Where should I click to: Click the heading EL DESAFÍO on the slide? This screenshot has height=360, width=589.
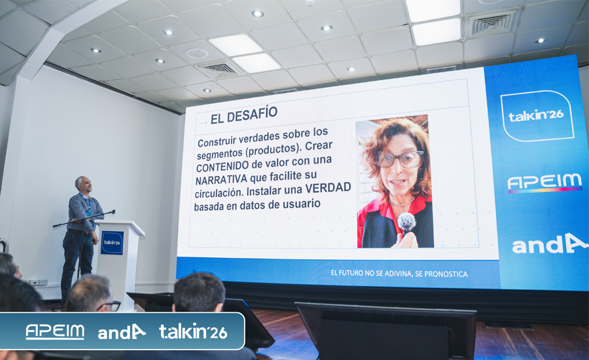pyautogui.click(x=244, y=115)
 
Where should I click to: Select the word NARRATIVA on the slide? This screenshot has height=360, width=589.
pyautogui.click(x=221, y=179)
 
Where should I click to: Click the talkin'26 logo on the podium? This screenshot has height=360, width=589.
pyautogui.click(x=112, y=242)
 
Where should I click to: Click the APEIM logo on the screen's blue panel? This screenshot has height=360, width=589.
pyautogui.click(x=544, y=183)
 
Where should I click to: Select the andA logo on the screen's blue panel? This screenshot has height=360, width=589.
pyautogui.click(x=550, y=244)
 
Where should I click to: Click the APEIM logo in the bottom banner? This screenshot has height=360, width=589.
pyautogui.click(x=55, y=332)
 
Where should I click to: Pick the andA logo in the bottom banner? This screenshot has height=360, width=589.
pyautogui.click(x=121, y=332)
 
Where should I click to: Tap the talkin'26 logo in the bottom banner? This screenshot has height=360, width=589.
pyautogui.click(x=193, y=331)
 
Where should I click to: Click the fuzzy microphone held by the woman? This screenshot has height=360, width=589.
pyautogui.click(x=406, y=222)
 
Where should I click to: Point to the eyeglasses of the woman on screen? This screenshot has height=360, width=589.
pyautogui.click(x=400, y=159)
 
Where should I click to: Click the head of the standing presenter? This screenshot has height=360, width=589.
pyautogui.click(x=83, y=184)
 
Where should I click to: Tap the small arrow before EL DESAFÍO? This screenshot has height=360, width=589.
pyautogui.click(x=204, y=122)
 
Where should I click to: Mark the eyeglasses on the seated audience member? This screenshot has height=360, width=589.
pyautogui.click(x=110, y=306)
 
